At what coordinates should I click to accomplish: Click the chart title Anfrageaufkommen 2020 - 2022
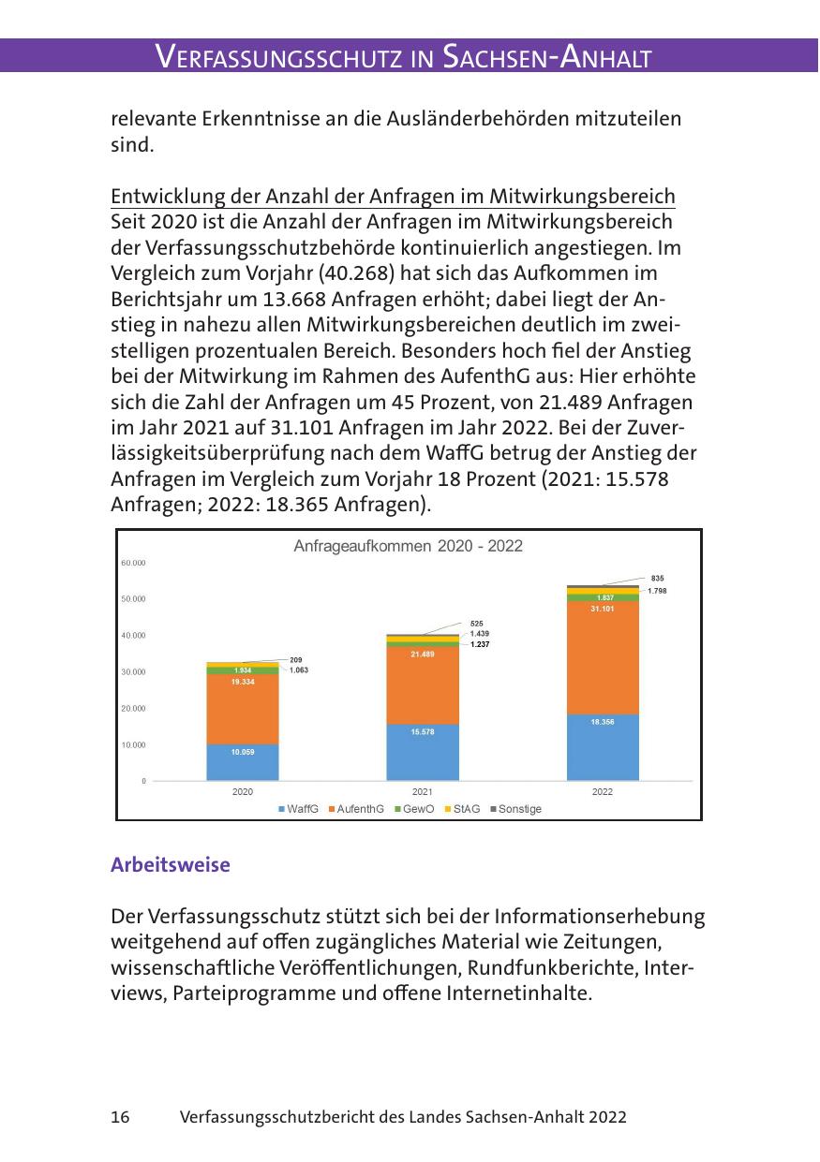tap(408, 547)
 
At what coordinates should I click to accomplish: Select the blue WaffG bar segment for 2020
tap(243, 762)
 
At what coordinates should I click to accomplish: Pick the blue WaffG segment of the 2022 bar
tap(603, 747)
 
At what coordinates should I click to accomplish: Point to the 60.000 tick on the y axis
tap(133, 562)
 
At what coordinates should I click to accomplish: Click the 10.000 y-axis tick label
tap(133, 744)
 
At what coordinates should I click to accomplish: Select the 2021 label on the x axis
tap(423, 792)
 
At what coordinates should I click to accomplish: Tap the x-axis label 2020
tap(243, 792)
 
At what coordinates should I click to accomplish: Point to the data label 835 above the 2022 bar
tap(658, 579)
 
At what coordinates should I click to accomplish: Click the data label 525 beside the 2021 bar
tap(477, 623)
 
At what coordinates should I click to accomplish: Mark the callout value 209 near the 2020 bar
tap(296, 660)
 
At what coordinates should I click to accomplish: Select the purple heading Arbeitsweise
tap(170, 865)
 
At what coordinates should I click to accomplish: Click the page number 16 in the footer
tap(120, 1117)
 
